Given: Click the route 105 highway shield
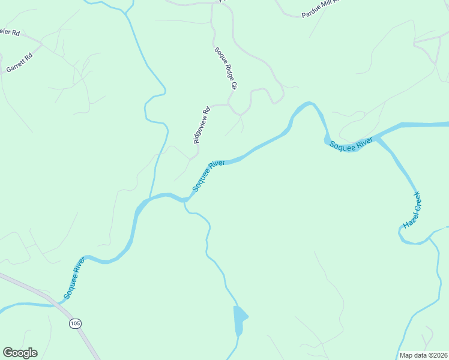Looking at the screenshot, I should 75,323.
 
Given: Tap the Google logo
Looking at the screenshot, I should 20,353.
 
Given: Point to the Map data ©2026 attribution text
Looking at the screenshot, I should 423,355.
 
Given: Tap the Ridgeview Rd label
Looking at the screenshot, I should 202,125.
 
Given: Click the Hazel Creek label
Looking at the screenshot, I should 412,210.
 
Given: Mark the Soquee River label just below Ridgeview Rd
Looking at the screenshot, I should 208,176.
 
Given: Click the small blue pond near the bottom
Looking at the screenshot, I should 240,318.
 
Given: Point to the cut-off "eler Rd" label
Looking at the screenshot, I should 10,32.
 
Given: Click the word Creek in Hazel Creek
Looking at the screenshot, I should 415,202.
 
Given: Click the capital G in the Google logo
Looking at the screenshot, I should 8,352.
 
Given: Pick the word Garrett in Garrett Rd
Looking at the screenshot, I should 16,64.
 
